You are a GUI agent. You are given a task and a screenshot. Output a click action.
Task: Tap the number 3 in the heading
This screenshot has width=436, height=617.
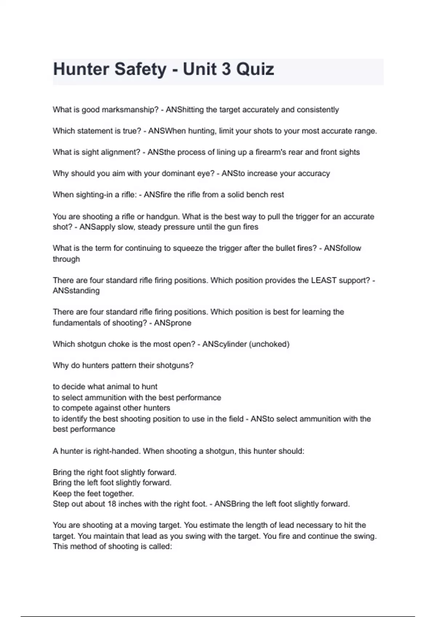(x=227, y=69)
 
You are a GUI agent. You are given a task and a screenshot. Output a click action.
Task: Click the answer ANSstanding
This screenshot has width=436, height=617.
(x=76, y=291)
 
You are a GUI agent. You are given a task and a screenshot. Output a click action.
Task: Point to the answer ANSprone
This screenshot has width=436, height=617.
(x=173, y=323)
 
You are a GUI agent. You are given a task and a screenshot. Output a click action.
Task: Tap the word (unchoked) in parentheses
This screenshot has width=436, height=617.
(x=269, y=344)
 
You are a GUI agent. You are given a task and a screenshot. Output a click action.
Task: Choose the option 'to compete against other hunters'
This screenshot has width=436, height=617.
(x=112, y=408)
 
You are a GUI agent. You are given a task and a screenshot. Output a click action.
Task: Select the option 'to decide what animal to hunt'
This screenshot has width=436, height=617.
(x=105, y=387)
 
